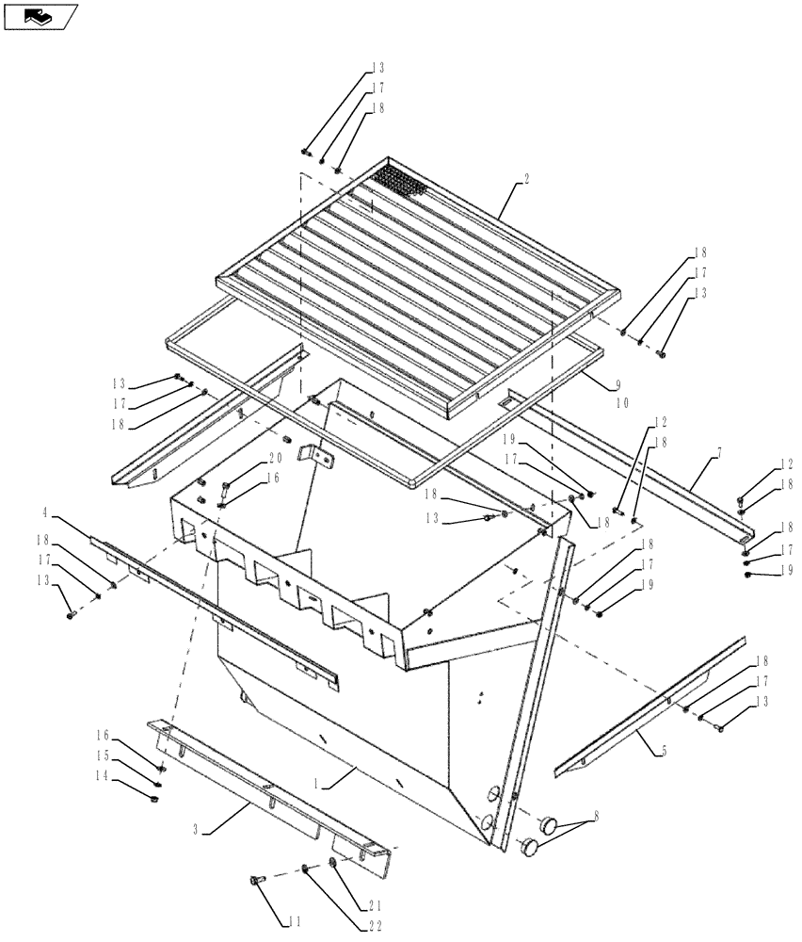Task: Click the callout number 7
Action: pyautogui.click(x=719, y=455)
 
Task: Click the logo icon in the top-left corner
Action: pyautogui.click(x=40, y=16)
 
